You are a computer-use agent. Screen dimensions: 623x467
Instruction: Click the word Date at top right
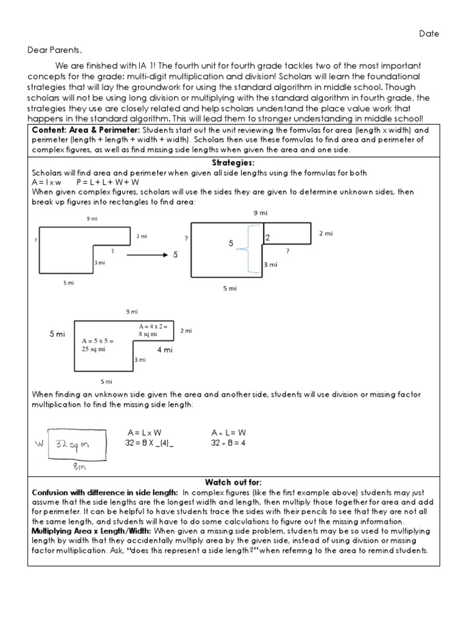[429, 34]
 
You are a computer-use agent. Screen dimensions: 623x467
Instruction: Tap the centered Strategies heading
[233, 163]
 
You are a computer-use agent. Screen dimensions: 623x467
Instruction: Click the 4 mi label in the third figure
[165, 350]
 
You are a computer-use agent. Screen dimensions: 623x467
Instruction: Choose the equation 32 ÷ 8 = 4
[229, 443]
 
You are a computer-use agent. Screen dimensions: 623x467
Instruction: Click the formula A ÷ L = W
[229, 433]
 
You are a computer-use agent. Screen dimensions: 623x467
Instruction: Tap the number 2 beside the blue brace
[267, 238]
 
